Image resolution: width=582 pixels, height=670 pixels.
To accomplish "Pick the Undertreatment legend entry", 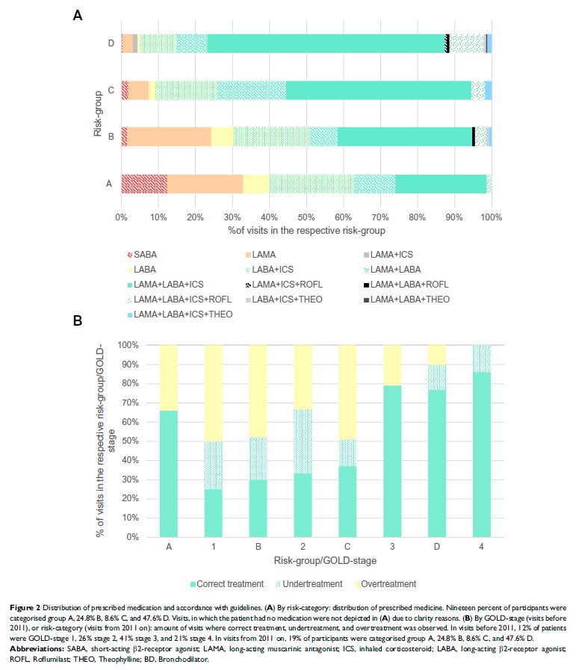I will pos(309,583).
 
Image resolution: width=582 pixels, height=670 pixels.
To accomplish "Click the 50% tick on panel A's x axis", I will pos(306,217).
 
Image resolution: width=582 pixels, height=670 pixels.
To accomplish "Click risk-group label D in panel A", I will pos(111,43).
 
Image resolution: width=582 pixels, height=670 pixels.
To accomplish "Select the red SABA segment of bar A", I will pos(144,184).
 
